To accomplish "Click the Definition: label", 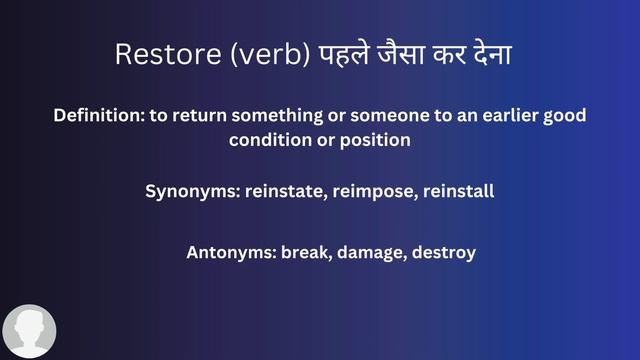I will [x=98, y=116].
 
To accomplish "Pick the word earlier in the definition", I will [x=489, y=116].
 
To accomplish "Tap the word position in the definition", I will [x=373, y=140].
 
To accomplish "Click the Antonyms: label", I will [x=230, y=252].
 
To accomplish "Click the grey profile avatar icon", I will [x=29, y=331].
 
